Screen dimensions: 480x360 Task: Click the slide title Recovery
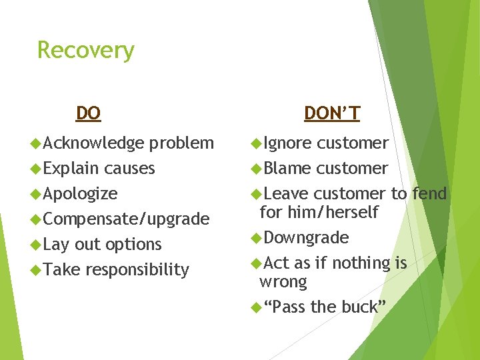pos(85,51)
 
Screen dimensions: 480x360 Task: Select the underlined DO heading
pos(88,113)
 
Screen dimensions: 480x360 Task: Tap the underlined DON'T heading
pos(331,113)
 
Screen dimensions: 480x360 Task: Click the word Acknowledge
pos(93,143)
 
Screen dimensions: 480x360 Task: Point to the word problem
pos(181,143)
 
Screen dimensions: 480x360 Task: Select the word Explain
pos(71,169)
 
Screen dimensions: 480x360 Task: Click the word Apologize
pos(80,194)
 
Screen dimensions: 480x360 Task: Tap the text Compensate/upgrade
pos(126,219)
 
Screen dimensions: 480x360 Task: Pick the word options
pos(133,245)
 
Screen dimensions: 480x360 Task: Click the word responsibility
pos(137,270)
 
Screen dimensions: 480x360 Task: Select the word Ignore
pos(287,143)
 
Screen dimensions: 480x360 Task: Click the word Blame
pos(287,169)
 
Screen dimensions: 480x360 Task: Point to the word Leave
pos(286,194)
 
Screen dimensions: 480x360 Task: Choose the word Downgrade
pos(306,238)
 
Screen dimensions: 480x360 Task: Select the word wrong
pos(283,282)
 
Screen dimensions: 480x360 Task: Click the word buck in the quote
pos(359,307)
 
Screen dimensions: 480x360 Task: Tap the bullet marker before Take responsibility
pos(36,270)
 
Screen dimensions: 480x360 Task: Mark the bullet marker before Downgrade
pos(256,238)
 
